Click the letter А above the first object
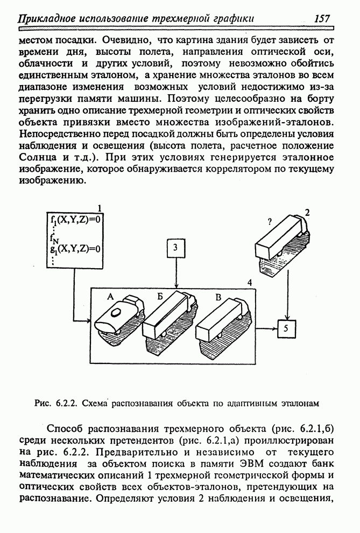(110, 296)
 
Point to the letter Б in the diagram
(160, 296)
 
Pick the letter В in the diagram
(218, 296)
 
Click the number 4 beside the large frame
(249, 282)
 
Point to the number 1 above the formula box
(98, 208)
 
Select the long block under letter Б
(164, 318)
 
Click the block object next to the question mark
(280, 240)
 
